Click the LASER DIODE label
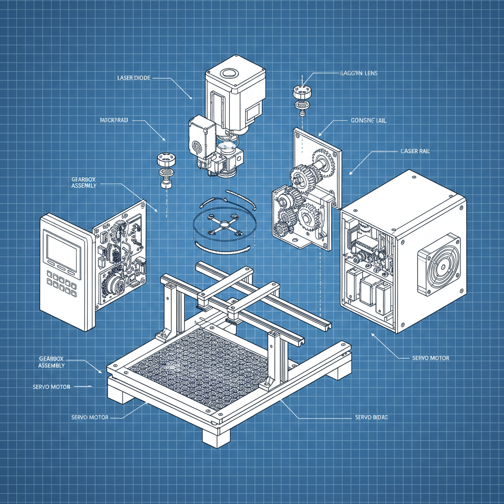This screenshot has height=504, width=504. [134, 78]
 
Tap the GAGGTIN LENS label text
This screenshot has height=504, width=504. [358, 73]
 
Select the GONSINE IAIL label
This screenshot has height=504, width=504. [369, 120]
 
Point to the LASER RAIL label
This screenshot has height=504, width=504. [415, 151]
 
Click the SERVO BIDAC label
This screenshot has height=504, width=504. [372, 417]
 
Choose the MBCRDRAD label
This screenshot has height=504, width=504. [114, 120]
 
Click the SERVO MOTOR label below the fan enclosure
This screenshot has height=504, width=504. [430, 358]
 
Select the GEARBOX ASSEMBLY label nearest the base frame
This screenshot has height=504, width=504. [52, 362]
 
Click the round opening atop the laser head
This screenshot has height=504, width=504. [229, 73]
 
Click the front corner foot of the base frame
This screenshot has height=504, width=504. [216, 436]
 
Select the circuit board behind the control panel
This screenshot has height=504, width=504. [121, 256]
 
